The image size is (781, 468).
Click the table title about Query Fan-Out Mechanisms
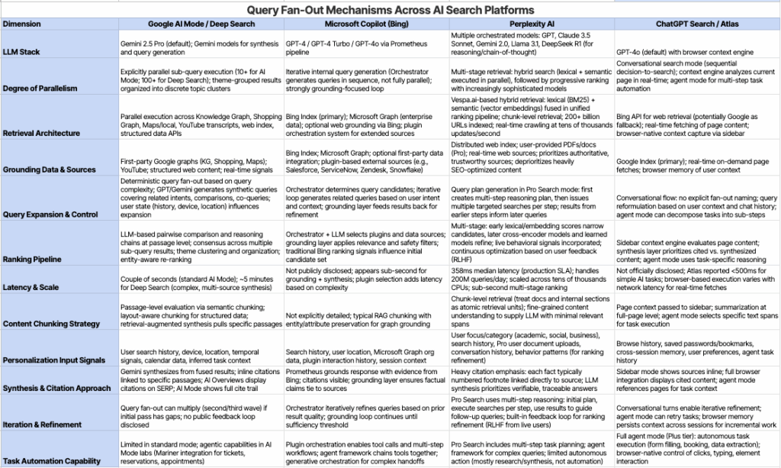390,10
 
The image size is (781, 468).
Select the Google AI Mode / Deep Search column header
201,24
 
